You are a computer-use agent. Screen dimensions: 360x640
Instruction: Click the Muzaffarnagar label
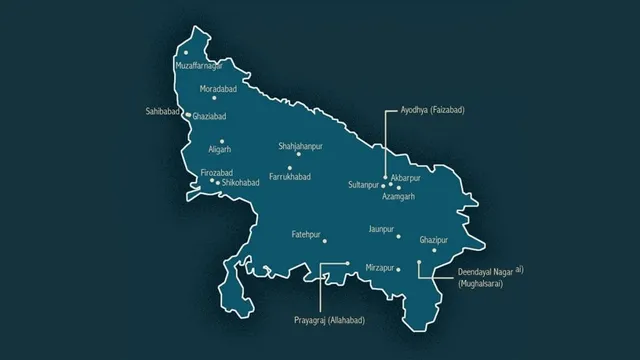pyautogui.click(x=198, y=65)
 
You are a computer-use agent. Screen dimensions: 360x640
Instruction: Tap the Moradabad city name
pyautogui.click(x=220, y=88)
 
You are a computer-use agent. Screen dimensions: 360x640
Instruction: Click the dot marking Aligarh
pyautogui.click(x=221, y=141)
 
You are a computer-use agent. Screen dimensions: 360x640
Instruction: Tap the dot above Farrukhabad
pyautogui.click(x=290, y=167)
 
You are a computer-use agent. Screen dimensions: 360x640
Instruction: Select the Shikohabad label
pyautogui.click(x=240, y=183)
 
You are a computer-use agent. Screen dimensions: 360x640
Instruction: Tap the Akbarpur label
pyautogui.click(x=409, y=177)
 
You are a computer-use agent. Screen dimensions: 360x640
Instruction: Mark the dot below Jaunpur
pyautogui.click(x=398, y=237)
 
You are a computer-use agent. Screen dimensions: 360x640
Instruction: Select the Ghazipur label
pyautogui.click(x=436, y=240)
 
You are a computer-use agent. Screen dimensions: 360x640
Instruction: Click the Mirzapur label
pyautogui.click(x=382, y=269)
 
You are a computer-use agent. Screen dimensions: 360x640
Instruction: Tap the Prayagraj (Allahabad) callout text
pyautogui.click(x=329, y=319)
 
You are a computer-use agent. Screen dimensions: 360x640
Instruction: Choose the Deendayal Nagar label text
pyautogui.click(x=490, y=273)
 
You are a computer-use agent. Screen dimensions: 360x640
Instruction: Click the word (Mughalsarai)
pyautogui.click(x=480, y=284)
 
